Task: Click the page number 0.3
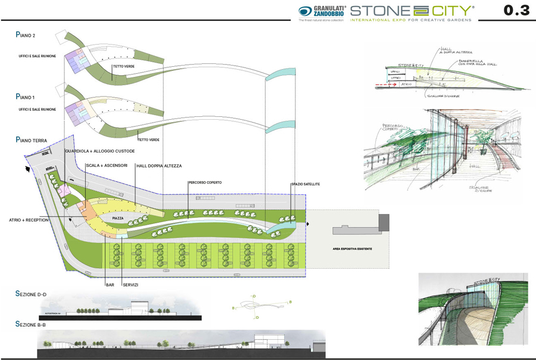tap(516, 11)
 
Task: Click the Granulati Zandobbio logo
tap(322, 11)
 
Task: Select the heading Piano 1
tap(26, 97)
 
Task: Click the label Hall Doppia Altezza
tap(158, 165)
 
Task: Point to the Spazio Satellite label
tap(306, 184)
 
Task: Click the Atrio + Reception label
tap(29, 220)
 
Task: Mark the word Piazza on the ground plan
tap(118, 219)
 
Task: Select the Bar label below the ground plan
tap(110, 284)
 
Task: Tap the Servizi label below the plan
tap(130, 284)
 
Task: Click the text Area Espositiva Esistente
tap(353, 249)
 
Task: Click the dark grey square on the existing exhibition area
tap(384, 222)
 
